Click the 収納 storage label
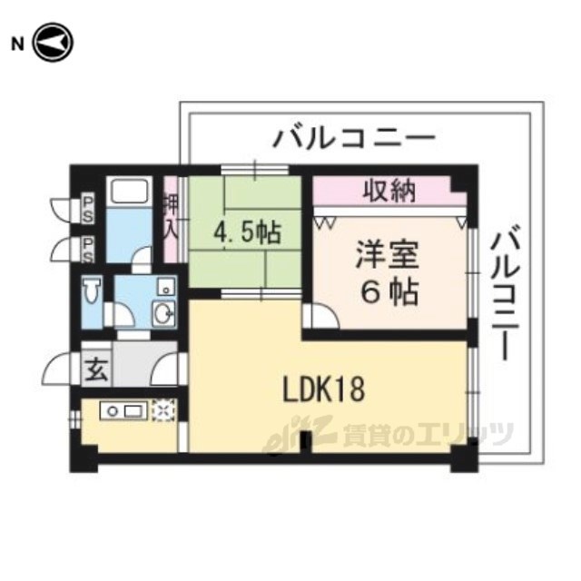pos(389,192)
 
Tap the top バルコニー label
pos(355,139)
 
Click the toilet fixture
pos(92,293)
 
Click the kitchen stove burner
pos(162,410)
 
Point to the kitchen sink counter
pos(122,411)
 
